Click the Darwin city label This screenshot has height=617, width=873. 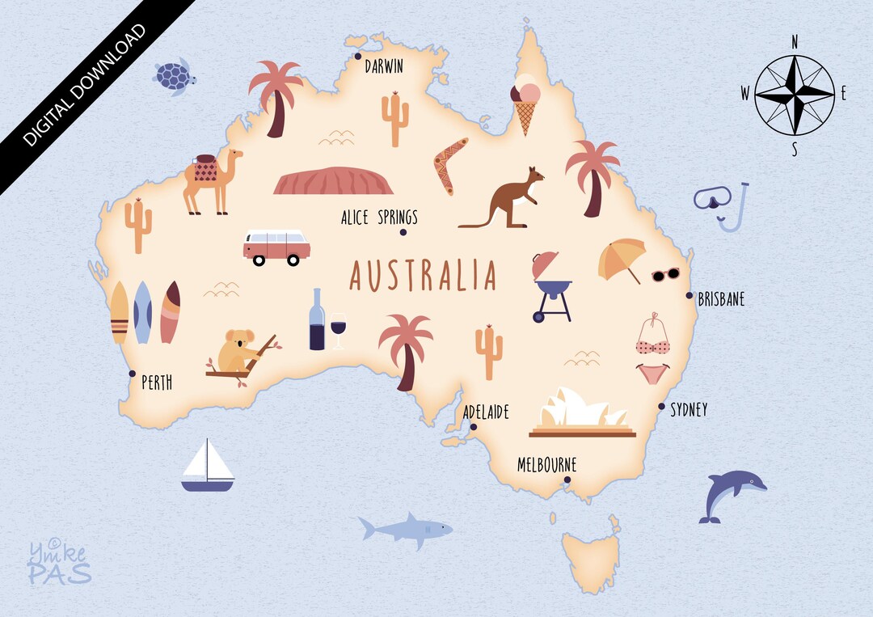[x=383, y=66]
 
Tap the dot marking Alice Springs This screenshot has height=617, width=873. [x=403, y=233]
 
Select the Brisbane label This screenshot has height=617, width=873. [x=721, y=299]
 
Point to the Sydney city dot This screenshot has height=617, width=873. [x=661, y=407]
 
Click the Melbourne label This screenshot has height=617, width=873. [x=546, y=465]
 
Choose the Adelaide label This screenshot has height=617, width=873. [x=486, y=412]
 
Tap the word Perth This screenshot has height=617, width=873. [x=157, y=382]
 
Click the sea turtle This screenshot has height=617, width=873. [x=175, y=77]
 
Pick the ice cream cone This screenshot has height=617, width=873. [x=525, y=104]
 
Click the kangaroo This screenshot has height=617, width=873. [x=509, y=199]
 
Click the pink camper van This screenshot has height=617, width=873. [x=276, y=247]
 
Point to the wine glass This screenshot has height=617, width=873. [x=337, y=330]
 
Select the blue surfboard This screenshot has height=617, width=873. [x=142, y=312]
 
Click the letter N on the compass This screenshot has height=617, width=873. [x=795, y=41]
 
